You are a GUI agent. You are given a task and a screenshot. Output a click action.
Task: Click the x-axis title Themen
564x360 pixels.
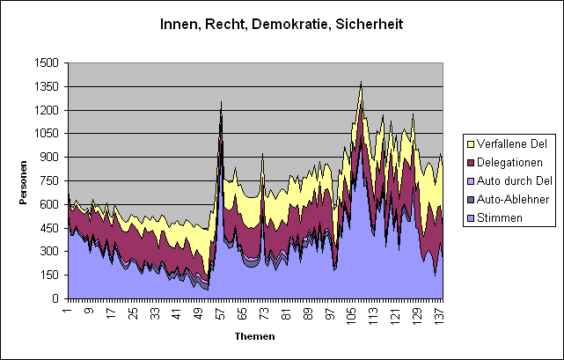click(x=254, y=336)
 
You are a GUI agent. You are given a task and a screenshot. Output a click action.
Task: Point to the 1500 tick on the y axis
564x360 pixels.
click(x=46, y=62)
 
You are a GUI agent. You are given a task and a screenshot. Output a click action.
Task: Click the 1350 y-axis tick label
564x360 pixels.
click(x=46, y=86)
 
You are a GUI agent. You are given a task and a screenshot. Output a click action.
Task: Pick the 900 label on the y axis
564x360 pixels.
click(x=49, y=158)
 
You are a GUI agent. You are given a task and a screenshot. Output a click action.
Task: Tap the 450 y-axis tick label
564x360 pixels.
click(x=49, y=228)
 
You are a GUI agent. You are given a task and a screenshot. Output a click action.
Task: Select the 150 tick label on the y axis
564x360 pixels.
click(x=49, y=276)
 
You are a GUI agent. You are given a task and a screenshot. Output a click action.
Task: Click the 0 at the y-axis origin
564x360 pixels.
click(x=55, y=299)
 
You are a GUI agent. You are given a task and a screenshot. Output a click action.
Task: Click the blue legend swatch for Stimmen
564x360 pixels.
click(x=470, y=217)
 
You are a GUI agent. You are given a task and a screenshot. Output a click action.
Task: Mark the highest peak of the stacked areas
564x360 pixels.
click(x=361, y=82)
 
